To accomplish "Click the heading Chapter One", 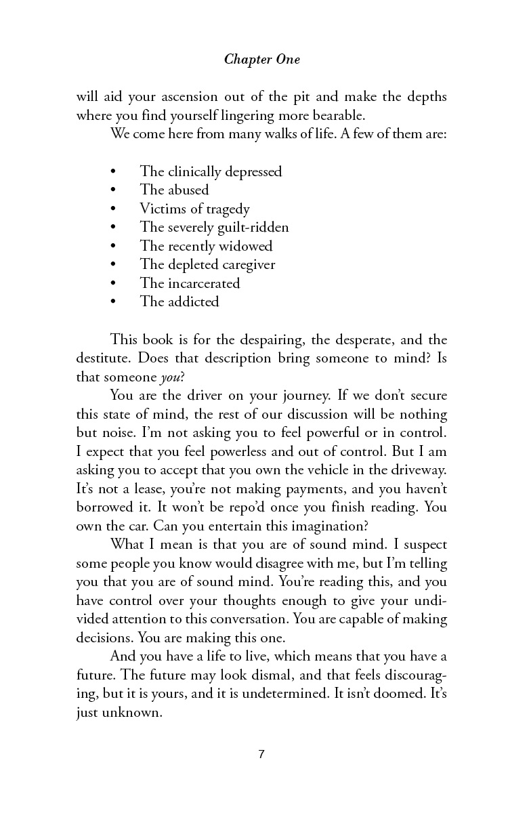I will [261, 60].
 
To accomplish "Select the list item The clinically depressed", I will [211, 171].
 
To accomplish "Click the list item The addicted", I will [179, 301].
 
